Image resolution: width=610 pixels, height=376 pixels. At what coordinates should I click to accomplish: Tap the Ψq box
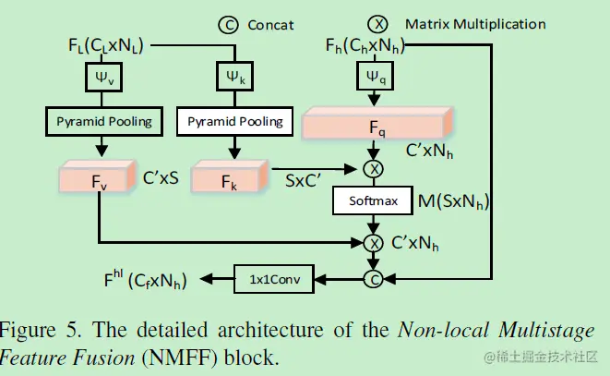coord(375,79)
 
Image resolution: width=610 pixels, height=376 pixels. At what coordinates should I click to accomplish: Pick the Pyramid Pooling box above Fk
coord(235,120)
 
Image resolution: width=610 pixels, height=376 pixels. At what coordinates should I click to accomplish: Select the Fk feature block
coord(230,177)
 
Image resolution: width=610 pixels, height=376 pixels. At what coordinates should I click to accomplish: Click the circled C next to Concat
coord(227,25)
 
